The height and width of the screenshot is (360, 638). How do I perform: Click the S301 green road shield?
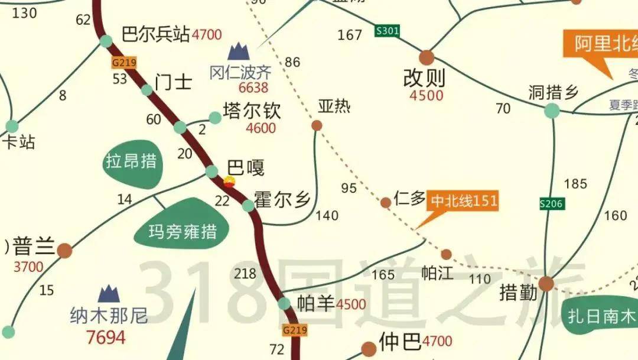click(x=387, y=31)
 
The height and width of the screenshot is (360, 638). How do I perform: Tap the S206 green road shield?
click(x=552, y=205)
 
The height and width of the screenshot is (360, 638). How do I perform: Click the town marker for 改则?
click(x=427, y=58)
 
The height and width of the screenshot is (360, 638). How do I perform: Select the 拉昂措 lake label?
click(x=131, y=161)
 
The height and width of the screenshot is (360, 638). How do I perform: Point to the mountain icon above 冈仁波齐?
click(x=239, y=52)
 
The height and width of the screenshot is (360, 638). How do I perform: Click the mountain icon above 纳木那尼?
click(x=109, y=294)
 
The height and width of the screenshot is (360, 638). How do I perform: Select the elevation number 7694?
click(x=106, y=338)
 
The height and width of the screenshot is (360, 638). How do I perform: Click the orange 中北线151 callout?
click(x=463, y=201)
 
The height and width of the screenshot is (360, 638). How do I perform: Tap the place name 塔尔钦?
click(x=252, y=111)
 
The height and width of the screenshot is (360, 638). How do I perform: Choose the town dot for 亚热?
click(x=317, y=125)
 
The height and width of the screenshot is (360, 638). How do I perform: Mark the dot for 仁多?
click(x=385, y=203)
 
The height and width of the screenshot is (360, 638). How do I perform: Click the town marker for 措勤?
click(x=546, y=284)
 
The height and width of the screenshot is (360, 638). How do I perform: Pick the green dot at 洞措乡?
click(x=552, y=110)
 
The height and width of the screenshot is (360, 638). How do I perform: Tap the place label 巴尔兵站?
click(x=155, y=34)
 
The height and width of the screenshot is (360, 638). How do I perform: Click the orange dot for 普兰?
click(x=65, y=251)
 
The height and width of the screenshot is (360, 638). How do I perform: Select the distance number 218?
click(x=245, y=274)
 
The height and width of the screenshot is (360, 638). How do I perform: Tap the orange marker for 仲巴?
click(x=369, y=349)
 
